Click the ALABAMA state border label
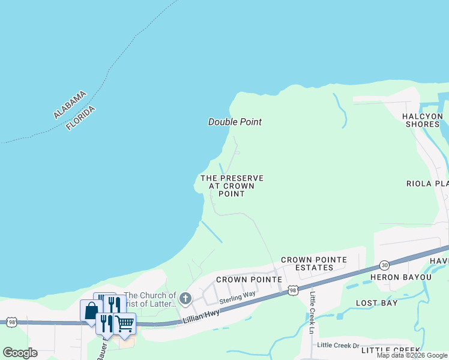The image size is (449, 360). click(x=70, y=104)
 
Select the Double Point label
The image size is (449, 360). click(x=235, y=122)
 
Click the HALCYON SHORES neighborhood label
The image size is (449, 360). click(x=421, y=120)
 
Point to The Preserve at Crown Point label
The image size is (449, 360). click(x=232, y=186)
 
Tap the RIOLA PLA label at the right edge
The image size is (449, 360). click(x=427, y=184)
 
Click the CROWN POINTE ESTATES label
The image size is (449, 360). click(x=314, y=263)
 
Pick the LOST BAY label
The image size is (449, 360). click(x=376, y=303)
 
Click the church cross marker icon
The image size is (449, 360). click(x=185, y=298)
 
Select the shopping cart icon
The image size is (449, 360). click(x=124, y=323)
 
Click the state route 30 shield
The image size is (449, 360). click(x=384, y=265)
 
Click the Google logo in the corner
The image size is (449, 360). click(x=20, y=353)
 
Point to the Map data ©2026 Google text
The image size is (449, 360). click(x=412, y=355)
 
